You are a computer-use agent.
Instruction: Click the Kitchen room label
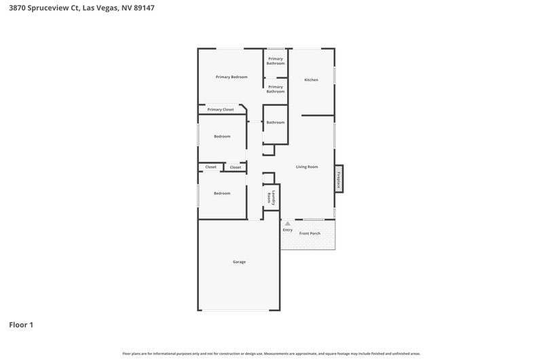(x=311, y=79)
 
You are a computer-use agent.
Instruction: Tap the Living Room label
(x=307, y=166)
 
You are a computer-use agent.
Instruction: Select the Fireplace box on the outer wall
(x=339, y=179)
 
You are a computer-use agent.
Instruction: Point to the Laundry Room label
(x=271, y=198)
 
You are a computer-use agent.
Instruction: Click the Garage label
(x=240, y=262)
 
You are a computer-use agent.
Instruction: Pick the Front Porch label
(x=310, y=233)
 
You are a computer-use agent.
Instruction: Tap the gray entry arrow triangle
(x=287, y=223)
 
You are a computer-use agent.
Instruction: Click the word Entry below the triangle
(x=287, y=230)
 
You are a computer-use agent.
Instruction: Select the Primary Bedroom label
(x=231, y=77)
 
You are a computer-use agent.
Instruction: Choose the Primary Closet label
(x=221, y=109)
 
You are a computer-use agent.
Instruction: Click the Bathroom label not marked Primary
(x=276, y=122)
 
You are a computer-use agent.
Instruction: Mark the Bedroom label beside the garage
(x=222, y=194)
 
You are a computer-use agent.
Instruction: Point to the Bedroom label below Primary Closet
(x=222, y=137)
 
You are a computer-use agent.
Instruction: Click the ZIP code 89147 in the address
(x=144, y=8)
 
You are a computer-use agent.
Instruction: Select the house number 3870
(x=17, y=8)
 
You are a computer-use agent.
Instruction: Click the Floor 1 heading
(x=21, y=325)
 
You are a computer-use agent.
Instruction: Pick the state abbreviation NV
(x=126, y=8)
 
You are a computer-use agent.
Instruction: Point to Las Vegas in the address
(x=100, y=8)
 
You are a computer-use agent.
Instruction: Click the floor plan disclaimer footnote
(x=271, y=354)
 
